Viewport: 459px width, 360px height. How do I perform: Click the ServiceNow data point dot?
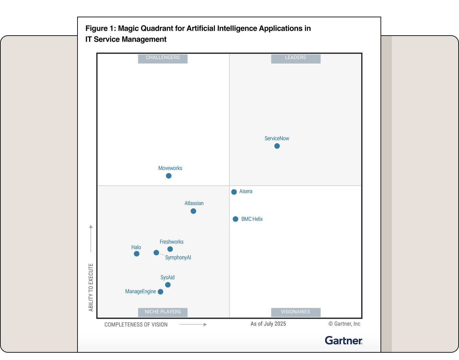coord(277,146)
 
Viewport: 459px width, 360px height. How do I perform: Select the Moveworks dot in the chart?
coord(169,176)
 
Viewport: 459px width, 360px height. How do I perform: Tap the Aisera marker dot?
coord(234,192)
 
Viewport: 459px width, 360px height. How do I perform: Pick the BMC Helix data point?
coord(235,219)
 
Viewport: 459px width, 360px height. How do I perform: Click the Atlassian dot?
coord(193,211)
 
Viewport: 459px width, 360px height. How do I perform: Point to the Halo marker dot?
coord(136,254)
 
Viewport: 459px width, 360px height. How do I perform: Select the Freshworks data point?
coord(170,249)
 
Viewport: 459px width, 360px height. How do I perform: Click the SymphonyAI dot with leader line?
coord(156,253)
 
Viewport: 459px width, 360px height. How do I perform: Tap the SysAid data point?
coord(168,285)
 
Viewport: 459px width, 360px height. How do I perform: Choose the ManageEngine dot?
coord(160,292)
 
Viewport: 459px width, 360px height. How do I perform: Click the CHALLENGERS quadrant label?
coord(163,58)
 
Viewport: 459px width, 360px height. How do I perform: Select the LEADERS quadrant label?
coord(295,58)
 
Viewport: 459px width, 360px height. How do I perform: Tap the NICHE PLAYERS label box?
coord(163,312)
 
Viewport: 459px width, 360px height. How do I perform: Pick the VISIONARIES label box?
coord(295,312)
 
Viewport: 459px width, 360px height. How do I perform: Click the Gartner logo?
coord(344,340)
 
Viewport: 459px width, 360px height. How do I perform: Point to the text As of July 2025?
coord(268,324)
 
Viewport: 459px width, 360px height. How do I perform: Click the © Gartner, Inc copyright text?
coord(344,324)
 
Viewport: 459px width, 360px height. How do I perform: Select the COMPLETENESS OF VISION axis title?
coord(136,324)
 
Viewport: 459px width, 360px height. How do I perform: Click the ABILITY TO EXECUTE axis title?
coord(91,287)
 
